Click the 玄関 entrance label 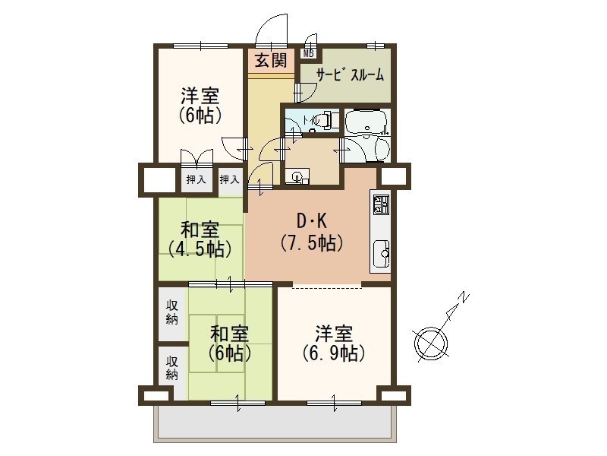click(x=271, y=61)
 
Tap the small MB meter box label click(x=309, y=53)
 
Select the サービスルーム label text click(x=350, y=74)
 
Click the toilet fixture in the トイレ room click(x=321, y=119)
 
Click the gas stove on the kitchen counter click(x=381, y=204)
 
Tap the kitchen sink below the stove click(x=381, y=254)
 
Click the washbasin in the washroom click(x=297, y=177)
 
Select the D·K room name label click(x=312, y=221)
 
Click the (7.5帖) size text click(x=312, y=243)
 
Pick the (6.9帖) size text click(x=334, y=353)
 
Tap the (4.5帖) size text click(x=200, y=249)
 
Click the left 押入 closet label click(x=197, y=179)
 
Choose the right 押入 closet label click(x=230, y=179)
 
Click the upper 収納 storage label click(x=172, y=312)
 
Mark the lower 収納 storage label click(x=172, y=368)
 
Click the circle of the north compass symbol click(x=431, y=344)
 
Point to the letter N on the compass click(x=464, y=298)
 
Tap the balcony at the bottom click(x=275, y=423)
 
